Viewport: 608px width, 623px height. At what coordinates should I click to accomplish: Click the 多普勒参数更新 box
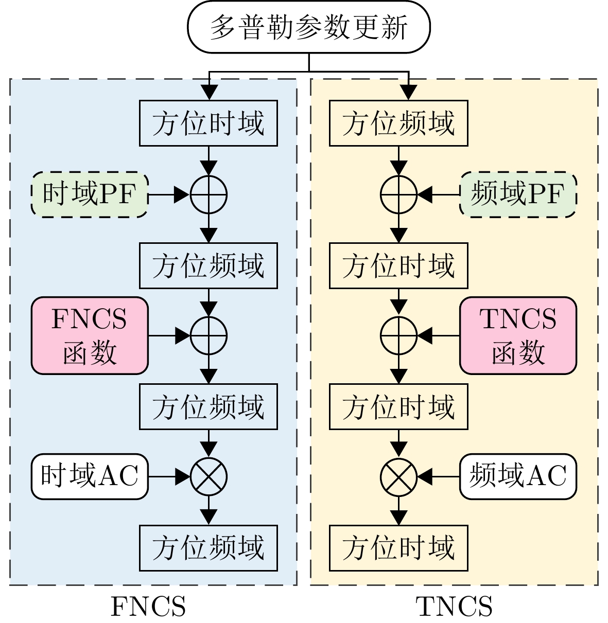(x=308, y=27)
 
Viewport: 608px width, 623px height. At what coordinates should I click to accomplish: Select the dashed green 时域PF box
(x=90, y=194)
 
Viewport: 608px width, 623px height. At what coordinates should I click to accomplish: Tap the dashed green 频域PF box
(x=517, y=194)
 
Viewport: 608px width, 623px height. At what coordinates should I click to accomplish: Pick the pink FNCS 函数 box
(x=90, y=335)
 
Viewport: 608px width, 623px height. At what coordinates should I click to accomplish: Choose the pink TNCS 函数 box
(x=517, y=335)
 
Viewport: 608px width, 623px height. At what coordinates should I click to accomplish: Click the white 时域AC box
(x=90, y=476)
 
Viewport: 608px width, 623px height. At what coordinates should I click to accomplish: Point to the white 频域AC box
(x=517, y=476)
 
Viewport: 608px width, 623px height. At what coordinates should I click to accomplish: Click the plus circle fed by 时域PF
(x=209, y=194)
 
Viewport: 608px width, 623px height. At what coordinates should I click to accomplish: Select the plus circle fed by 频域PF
(x=398, y=194)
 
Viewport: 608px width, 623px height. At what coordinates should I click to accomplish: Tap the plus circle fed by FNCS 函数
(x=209, y=335)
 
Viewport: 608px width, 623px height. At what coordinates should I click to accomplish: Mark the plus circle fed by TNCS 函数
(x=398, y=335)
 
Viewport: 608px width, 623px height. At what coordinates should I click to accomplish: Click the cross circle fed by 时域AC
(x=209, y=476)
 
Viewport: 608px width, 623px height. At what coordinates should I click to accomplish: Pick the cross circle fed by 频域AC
(x=398, y=476)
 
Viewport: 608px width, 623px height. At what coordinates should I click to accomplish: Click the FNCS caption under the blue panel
(x=148, y=607)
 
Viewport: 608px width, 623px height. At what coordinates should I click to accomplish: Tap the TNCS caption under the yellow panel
(x=454, y=607)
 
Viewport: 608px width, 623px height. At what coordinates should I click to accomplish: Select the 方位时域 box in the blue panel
(x=209, y=123)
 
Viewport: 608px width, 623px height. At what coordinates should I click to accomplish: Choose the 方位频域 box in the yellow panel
(x=398, y=123)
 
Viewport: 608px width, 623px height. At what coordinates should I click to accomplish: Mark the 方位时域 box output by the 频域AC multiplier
(x=398, y=548)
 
